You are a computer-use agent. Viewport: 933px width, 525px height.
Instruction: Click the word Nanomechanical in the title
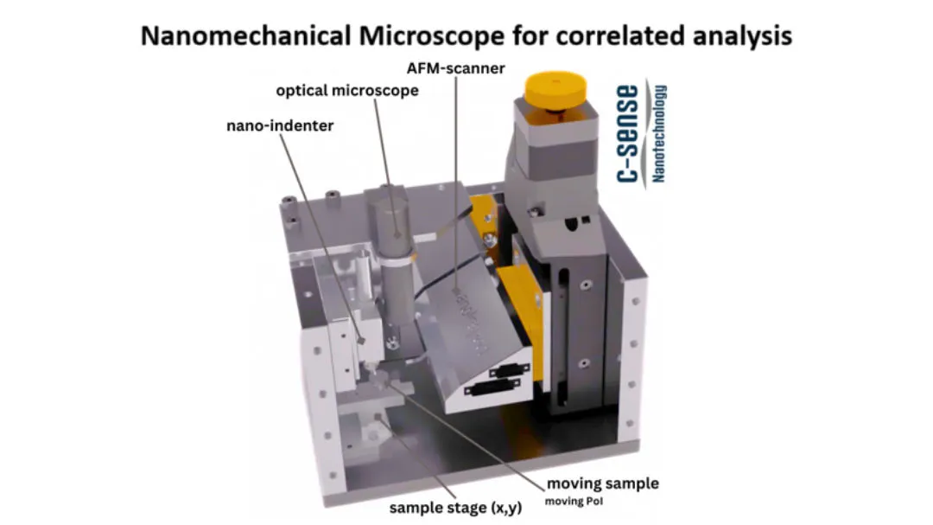(245, 35)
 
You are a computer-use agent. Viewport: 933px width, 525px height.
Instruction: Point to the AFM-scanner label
(456, 68)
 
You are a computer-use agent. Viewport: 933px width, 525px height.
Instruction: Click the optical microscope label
(347, 91)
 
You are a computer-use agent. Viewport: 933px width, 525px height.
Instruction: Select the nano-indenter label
(280, 125)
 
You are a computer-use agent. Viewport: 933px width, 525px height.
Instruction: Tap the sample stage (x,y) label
(455, 508)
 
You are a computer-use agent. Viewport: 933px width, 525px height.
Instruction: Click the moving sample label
(602, 483)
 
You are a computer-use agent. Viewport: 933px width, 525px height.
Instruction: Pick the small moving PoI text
(574, 501)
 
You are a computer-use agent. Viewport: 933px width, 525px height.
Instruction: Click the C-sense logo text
(628, 133)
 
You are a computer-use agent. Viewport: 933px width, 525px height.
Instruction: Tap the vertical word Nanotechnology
(658, 133)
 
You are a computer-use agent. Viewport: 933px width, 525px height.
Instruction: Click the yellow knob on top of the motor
(555, 90)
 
